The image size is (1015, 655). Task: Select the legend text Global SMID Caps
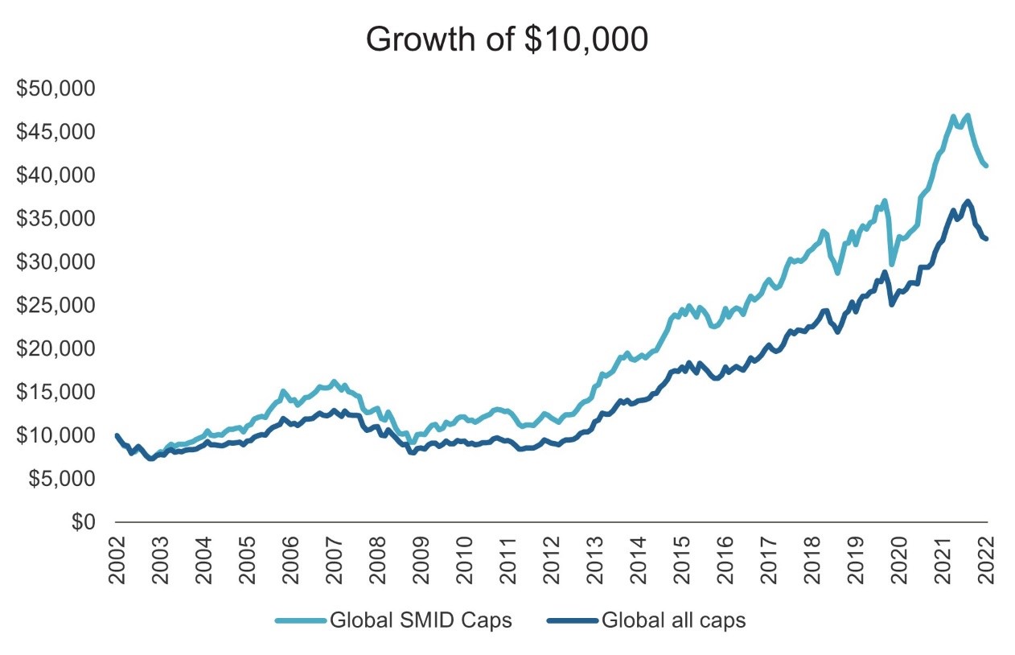[x=420, y=620]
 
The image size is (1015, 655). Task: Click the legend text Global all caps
[x=674, y=620]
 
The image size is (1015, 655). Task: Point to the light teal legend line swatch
[x=301, y=620]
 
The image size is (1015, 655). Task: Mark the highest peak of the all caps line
[x=968, y=201]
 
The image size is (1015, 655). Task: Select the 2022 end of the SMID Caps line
[x=986, y=165]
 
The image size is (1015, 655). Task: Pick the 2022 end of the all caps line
[x=986, y=238]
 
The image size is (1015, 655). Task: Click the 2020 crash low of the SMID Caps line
[x=891, y=263]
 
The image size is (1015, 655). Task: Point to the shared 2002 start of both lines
[x=117, y=435]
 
